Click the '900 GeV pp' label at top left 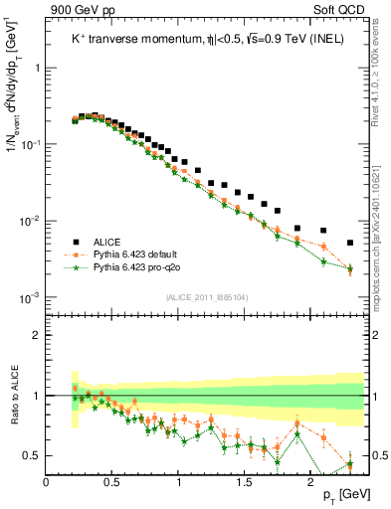[x=77, y=8]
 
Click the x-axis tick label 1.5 [x=245, y=481]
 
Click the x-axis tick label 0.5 [x=112, y=481]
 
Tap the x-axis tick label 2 [x=310, y=481]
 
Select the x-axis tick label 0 [x=47, y=481]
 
